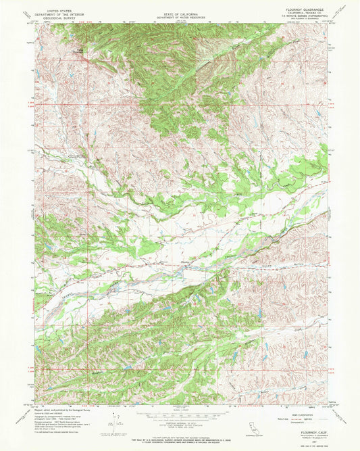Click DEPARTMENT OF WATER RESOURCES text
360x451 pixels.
click(180, 14)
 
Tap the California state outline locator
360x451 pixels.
click(245, 431)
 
